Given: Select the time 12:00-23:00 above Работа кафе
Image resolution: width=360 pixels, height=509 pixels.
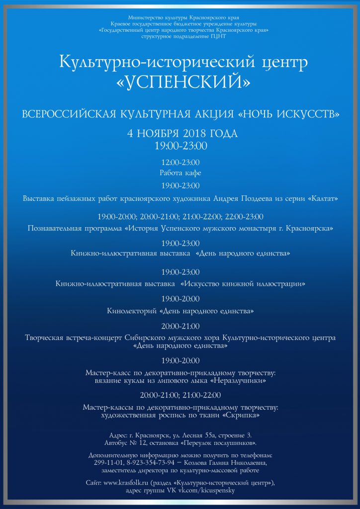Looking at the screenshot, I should coord(180,163).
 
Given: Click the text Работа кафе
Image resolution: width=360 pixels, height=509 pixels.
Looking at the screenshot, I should coord(180,173).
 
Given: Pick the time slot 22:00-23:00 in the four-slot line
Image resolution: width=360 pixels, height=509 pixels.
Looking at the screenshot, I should coord(244,217).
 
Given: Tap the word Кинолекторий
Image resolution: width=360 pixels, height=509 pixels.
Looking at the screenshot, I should coord(132,312).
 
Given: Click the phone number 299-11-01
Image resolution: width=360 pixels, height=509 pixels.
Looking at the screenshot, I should coord(113,463).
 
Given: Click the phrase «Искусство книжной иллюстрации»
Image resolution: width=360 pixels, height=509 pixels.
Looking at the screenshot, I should coord(243,284).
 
